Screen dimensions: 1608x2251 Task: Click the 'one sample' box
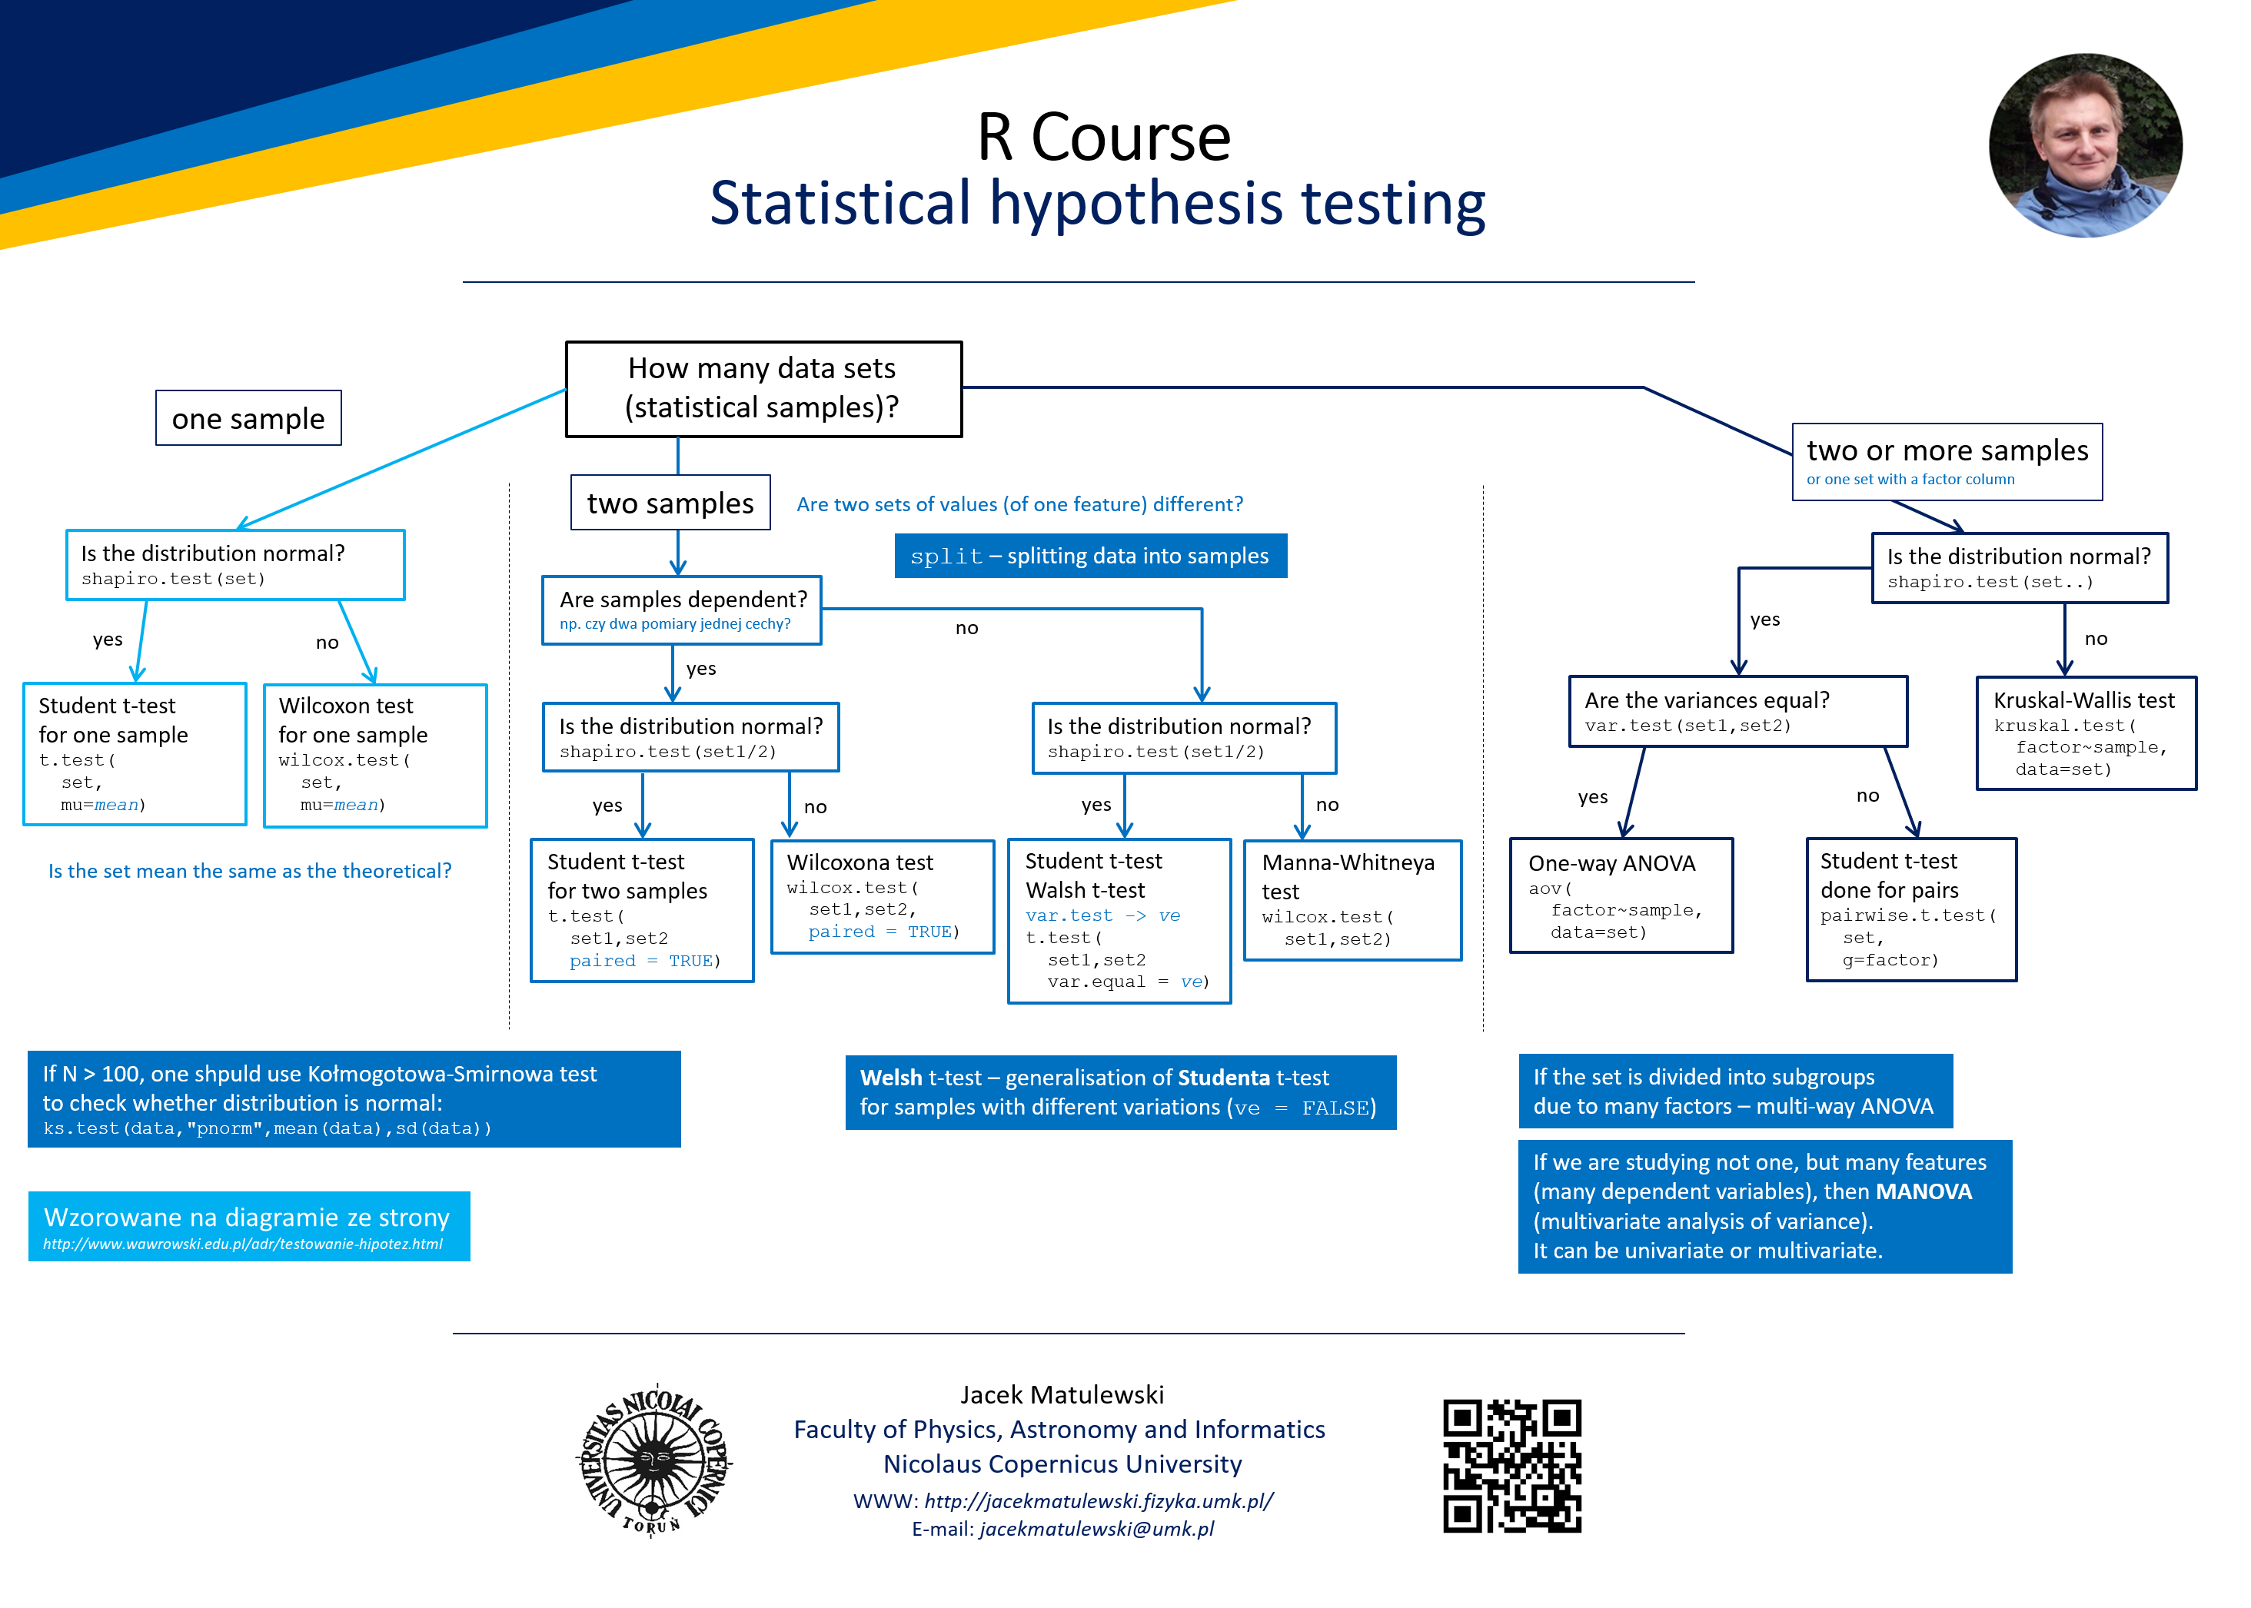point(248,419)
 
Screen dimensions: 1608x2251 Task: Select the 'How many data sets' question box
point(763,388)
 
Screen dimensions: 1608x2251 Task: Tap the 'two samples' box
point(670,503)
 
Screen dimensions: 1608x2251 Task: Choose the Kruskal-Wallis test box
point(2085,733)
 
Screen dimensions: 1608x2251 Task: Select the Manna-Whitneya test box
point(1352,899)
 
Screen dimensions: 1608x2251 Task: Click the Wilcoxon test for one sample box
point(374,755)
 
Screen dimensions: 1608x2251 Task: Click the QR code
point(1511,1466)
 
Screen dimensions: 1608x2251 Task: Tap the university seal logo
point(654,1460)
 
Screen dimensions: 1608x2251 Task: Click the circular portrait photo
point(2085,145)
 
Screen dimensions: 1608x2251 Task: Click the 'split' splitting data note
point(1089,556)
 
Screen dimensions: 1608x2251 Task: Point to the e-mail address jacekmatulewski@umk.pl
point(1096,1529)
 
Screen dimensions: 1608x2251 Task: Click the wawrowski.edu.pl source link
point(243,1244)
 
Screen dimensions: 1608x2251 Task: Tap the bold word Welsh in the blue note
point(890,1078)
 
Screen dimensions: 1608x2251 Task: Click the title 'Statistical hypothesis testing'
point(1097,203)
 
